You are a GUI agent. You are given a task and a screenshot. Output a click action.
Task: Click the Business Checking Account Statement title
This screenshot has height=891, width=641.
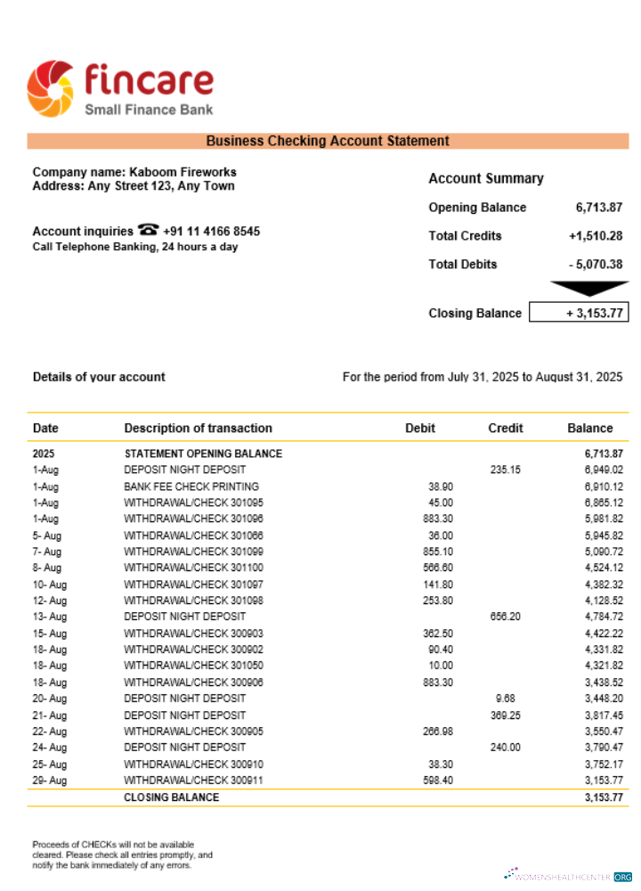(x=328, y=141)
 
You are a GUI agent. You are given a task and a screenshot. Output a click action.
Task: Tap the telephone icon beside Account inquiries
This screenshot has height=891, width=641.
(x=148, y=231)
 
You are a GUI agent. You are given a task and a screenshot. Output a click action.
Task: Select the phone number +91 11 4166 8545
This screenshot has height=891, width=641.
(x=212, y=232)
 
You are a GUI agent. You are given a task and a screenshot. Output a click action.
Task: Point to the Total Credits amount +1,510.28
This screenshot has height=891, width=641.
(x=595, y=236)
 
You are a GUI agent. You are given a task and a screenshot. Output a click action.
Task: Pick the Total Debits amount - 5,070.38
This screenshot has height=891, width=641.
(x=595, y=265)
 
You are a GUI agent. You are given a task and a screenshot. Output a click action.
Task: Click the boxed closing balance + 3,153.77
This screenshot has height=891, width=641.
(x=579, y=313)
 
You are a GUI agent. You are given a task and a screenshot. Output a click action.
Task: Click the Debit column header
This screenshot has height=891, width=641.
(x=419, y=428)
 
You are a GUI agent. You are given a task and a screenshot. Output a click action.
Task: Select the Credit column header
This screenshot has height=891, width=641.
(x=505, y=428)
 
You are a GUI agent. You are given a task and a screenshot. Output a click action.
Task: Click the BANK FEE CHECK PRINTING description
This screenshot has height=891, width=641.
(x=191, y=486)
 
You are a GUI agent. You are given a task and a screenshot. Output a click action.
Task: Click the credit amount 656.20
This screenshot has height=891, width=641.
(x=505, y=616)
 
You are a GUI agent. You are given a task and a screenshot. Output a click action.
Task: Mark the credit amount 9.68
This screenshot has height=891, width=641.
(x=505, y=699)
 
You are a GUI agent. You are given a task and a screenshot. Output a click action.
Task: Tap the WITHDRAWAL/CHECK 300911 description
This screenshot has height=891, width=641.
(x=193, y=781)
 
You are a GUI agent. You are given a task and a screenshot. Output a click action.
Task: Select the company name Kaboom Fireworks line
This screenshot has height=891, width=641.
(x=134, y=172)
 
